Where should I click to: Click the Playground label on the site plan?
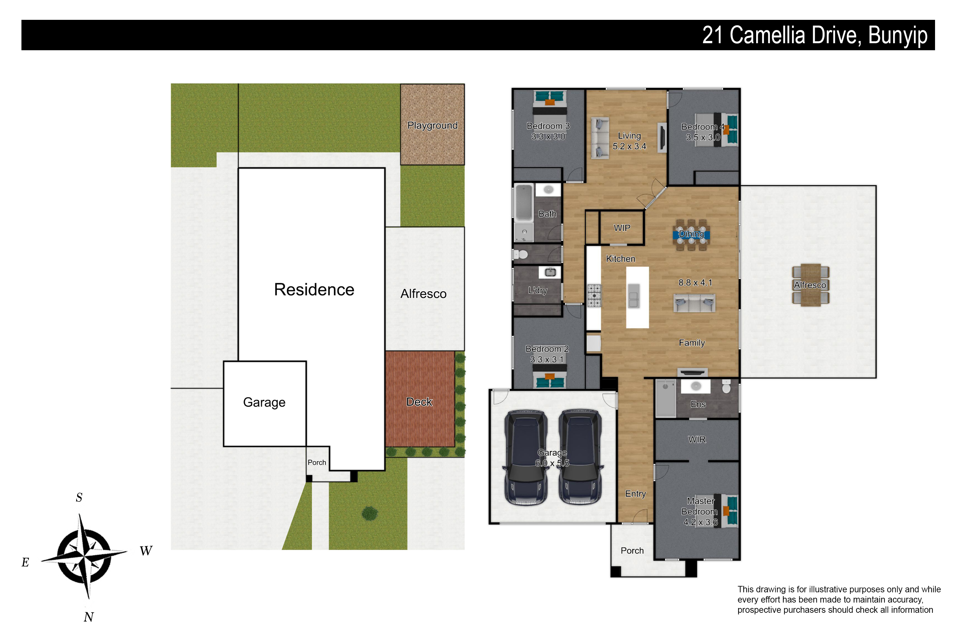(432, 126)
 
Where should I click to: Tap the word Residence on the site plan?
(314, 289)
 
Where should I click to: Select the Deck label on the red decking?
(419, 402)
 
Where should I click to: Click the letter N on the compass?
(89, 617)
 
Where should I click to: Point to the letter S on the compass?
(79, 497)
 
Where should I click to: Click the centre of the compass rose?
(84, 556)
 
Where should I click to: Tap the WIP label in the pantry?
(622, 228)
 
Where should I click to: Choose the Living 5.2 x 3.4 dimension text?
(629, 146)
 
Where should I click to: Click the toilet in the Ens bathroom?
(726, 386)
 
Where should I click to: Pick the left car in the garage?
(526, 458)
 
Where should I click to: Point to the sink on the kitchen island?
(634, 295)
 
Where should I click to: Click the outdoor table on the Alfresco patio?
(810, 284)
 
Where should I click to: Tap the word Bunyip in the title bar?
(898, 36)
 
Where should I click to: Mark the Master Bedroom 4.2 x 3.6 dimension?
(700, 522)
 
